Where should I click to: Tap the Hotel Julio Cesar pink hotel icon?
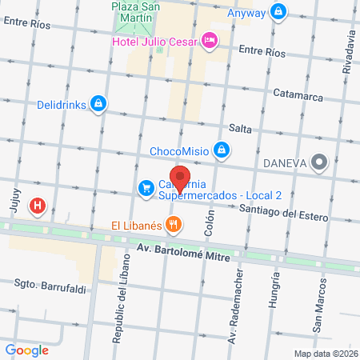(x=210, y=38)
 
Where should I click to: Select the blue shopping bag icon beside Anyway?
(x=278, y=10)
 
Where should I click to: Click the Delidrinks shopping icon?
(x=97, y=103)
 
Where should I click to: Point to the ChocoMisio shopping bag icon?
(x=222, y=150)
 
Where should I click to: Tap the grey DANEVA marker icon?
(x=320, y=162)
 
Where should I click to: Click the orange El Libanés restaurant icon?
(x=172, y=225)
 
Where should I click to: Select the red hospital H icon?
(x=37, y=207)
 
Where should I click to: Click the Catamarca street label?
(x=296, y=93)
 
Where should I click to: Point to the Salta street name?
(x=241, y=128)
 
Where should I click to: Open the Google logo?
(x=27, y=350)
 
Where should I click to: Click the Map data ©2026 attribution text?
(x=325, y=354)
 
